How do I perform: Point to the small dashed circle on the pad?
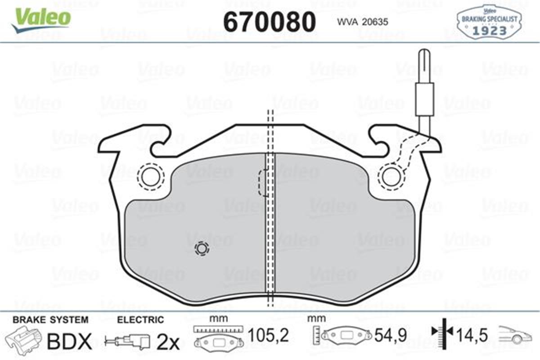click(201, 248)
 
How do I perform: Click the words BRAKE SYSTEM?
click(50, 320)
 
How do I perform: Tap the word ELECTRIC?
click(140, 320)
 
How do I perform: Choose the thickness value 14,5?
click(472, 335)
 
